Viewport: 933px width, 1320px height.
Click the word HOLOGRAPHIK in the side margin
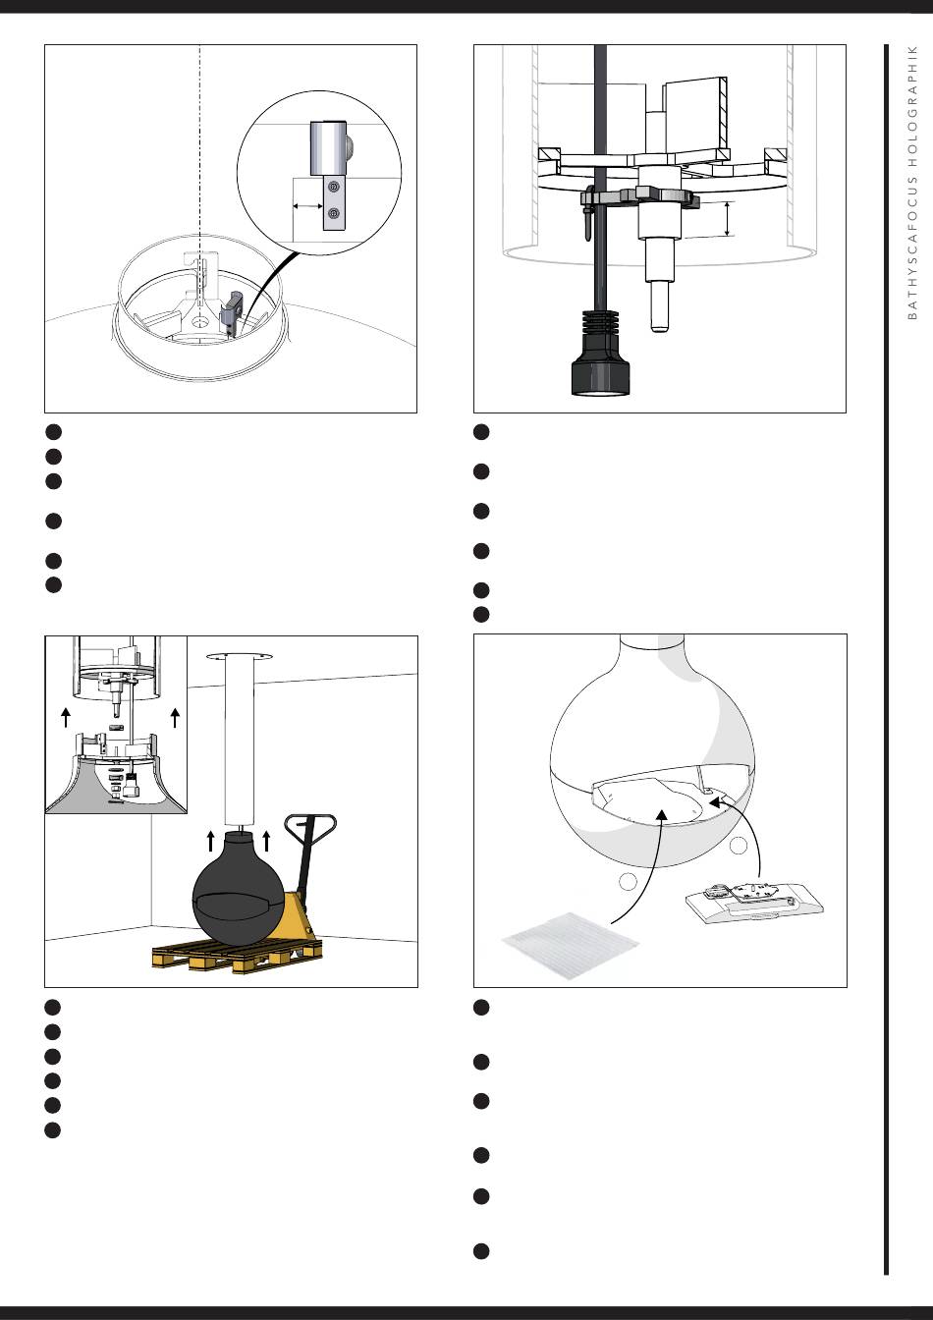913,105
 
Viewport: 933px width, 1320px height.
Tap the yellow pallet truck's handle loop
310,827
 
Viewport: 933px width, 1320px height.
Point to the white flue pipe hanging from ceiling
239,742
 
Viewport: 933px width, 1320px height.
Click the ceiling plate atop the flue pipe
238,656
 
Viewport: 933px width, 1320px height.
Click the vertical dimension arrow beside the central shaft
729,219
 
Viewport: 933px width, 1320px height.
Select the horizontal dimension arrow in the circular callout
307,206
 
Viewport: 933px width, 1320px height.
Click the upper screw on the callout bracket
334,188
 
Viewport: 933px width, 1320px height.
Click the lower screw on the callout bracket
334,213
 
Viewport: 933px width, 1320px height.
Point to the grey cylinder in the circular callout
329,148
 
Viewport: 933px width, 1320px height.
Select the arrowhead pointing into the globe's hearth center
662,815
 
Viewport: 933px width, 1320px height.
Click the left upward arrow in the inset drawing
66,717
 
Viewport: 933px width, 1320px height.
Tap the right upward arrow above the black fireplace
266,841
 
